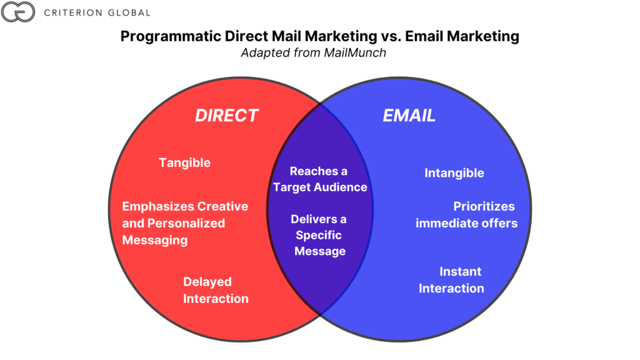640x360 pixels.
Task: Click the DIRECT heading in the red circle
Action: click(x=227, y=116)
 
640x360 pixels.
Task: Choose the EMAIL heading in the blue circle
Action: click(x=409, y=116)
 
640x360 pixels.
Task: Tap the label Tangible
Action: click(x=184, y=162)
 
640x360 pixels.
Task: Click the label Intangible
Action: click(x=454, y=173)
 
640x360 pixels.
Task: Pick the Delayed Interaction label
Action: click(x=216, y=290)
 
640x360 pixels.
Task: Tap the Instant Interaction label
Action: click(x=451, y=279)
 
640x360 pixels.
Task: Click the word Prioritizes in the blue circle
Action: click(x=484, y=206)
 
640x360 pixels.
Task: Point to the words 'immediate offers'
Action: click(x=467, y=223)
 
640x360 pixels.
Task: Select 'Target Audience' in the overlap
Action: click(x=320, y=187)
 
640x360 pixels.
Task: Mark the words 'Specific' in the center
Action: click(x=319, y=235)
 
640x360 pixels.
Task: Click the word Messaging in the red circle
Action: click(x=154, y=240)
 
